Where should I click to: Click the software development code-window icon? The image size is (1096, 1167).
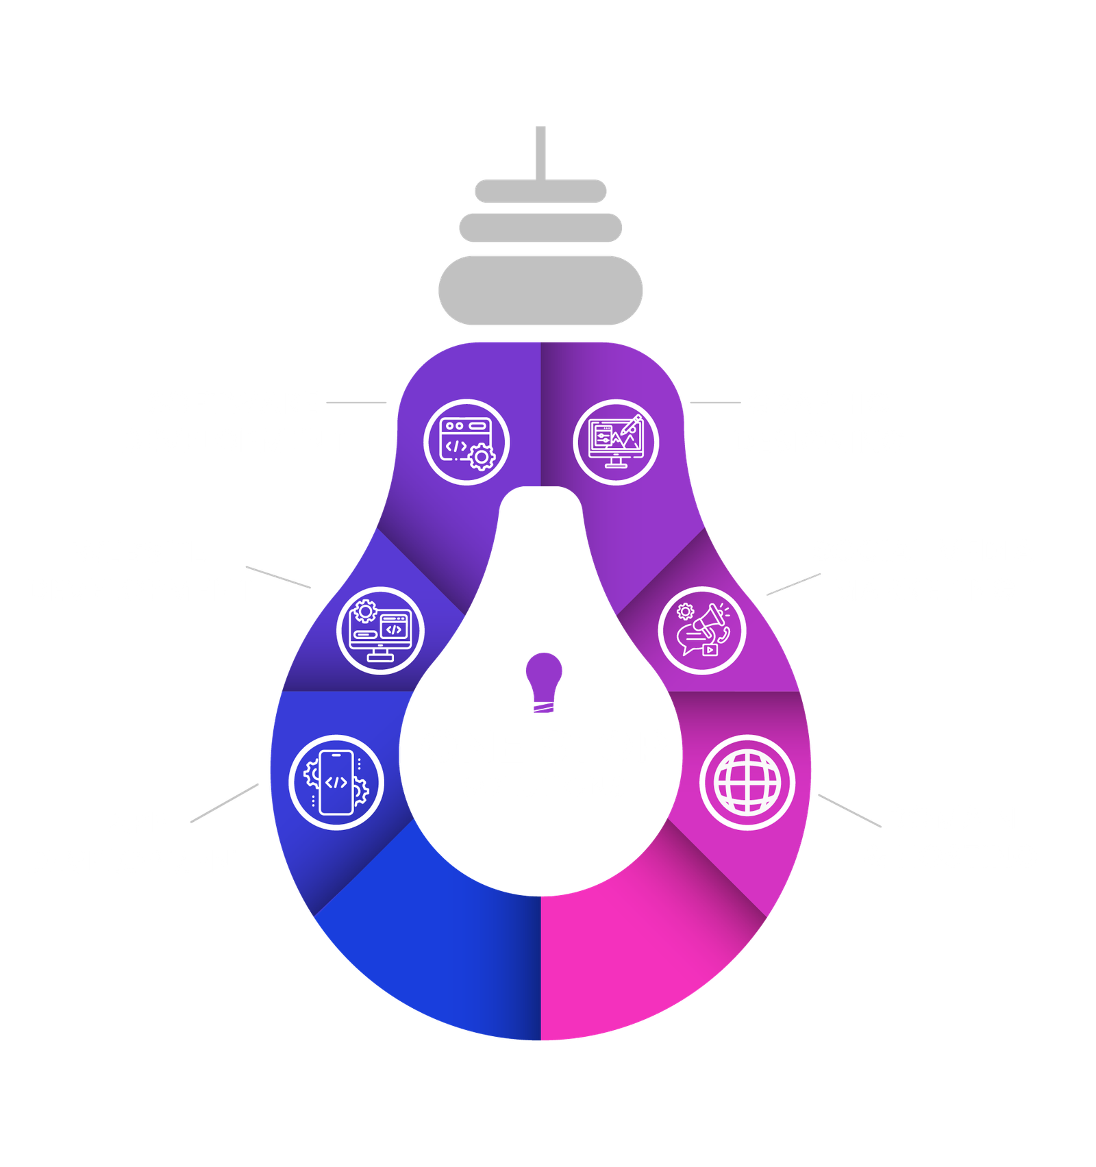[x=466, y=442]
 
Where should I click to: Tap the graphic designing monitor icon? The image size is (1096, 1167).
[x=616, y=442]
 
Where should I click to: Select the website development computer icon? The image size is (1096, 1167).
[x=380, y=630]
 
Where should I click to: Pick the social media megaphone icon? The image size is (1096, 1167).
[x=701, y=630]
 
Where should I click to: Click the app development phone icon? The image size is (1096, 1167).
[x=336, y=782]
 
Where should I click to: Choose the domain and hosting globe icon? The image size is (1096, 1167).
[x=747, y=782]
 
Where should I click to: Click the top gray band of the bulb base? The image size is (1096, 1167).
[x=540, y=191]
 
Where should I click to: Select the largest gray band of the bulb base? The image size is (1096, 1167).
[x=540, y=290]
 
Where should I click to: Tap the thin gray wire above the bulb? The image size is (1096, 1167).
[x=540, y=151]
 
